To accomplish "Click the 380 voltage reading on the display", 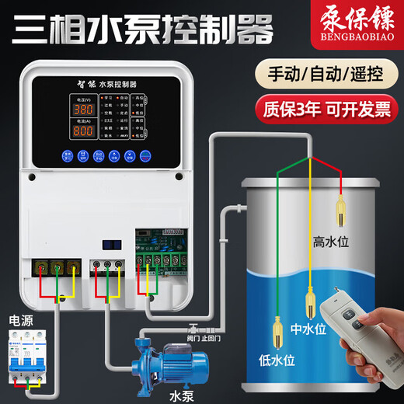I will tap(84, 110).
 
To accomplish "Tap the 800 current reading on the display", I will tap(84, 132).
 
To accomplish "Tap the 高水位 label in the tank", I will tap(331, 242).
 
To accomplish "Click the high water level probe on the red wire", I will tap(342, 211).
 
